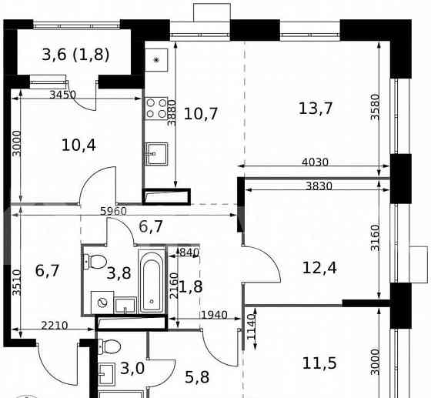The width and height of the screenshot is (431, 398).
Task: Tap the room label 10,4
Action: click(x=78, y=144)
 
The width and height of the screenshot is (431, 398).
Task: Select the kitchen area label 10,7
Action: click(x=202, y=114)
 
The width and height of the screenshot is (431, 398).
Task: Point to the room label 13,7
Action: click(x=315, y=108)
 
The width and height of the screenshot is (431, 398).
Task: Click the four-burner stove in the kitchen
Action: click(x=157, y=109)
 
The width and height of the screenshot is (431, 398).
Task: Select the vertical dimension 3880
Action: click(x=173, y=112)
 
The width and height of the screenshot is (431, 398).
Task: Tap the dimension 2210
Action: click(x=54, y=326)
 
